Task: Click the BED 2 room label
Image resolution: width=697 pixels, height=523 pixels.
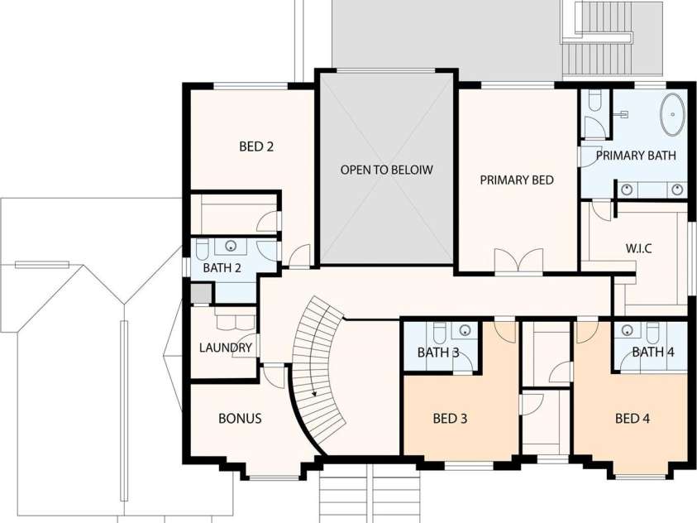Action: point(256,146)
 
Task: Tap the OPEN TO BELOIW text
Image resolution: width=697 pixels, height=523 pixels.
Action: point(386,170)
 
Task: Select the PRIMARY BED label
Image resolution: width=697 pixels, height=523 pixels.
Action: point(517,180)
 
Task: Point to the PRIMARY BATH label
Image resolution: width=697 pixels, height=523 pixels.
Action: point(636,156)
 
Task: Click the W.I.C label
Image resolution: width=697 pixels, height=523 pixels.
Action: point(639,248)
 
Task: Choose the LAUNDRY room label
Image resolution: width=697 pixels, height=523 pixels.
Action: point(226,348)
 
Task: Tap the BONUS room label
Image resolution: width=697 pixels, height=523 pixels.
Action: point(240,419)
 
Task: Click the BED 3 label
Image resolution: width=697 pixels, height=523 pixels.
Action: point(450,419)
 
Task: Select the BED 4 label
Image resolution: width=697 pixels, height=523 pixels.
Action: point(633,419)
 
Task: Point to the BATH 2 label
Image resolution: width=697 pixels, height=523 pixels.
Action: point(222,268)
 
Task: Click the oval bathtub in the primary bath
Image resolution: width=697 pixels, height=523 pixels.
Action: point(673,114)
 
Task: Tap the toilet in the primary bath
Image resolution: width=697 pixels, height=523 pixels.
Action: point(594,100)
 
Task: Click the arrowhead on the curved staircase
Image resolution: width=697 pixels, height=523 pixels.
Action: point(314,393)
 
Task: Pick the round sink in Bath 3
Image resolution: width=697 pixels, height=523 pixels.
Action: point(465,330)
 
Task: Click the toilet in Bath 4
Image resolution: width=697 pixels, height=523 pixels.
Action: point(652,331)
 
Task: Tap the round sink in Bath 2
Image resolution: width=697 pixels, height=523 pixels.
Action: point(231,246)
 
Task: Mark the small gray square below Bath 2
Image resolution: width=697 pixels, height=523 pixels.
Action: point(200,294)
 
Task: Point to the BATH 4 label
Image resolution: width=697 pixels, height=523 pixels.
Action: point(653,353)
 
